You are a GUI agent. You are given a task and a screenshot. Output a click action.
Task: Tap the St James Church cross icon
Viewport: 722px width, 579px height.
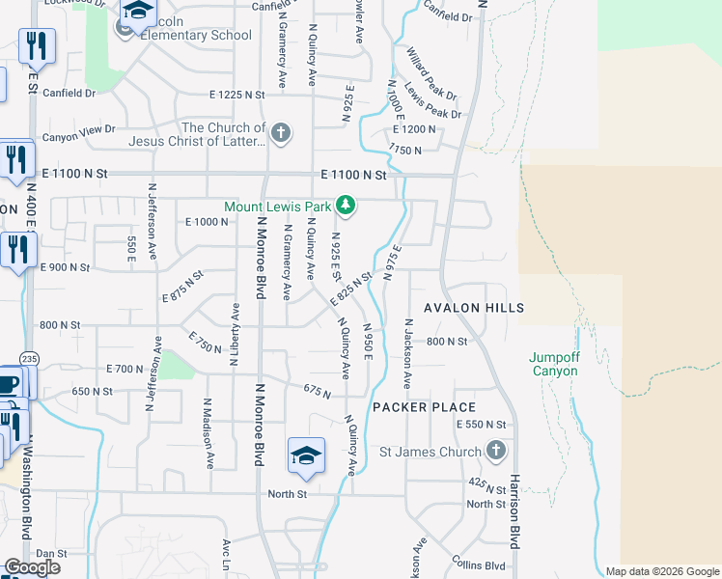[495, 451]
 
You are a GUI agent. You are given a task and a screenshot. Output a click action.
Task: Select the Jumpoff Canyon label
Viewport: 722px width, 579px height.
[553, 364]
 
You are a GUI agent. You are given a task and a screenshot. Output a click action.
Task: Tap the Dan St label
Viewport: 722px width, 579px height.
[50, 554]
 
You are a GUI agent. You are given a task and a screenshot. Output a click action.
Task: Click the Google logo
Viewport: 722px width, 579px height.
[32, 567]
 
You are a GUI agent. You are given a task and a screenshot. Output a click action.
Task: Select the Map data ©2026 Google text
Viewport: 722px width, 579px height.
[662, 571]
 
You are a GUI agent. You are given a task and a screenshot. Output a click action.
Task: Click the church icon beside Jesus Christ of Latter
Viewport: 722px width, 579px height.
[281, 133]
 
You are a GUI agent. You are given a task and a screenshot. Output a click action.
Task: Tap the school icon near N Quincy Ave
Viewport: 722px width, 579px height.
[306, 455]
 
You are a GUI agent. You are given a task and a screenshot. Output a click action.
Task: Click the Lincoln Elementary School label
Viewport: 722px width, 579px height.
[197, 36]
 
